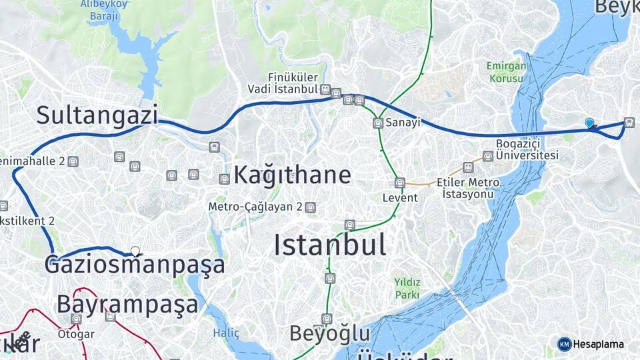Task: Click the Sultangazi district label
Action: pos(97,115)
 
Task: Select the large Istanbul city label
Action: pos(330,245)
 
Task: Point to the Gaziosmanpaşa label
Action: pos(135,265)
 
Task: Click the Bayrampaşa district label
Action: pos(127,304)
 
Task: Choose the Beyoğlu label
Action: pos(329,333)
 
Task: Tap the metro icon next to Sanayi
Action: pos(378,123)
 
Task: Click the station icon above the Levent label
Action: pos(399,183)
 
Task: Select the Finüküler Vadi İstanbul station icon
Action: pos(325,89)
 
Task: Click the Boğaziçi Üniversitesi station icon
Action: pos(488,156)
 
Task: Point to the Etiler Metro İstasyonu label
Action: pos(468,188)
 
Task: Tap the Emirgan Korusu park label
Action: pos(507,72)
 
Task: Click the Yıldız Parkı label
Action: pos(407,289)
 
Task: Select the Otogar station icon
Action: pos(76,319)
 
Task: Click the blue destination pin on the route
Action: pos(589,123)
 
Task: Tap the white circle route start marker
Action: pos(135,251)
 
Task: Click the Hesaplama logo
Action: pos(591,344)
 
